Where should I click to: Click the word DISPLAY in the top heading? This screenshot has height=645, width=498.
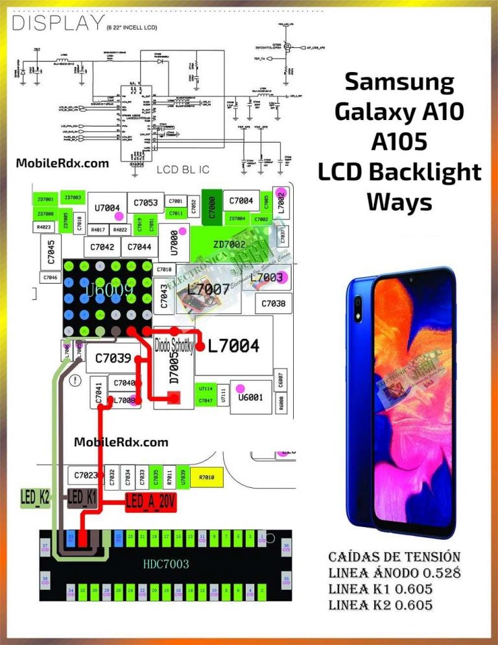click(56, 24)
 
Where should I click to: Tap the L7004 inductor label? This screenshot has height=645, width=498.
click(233, 347)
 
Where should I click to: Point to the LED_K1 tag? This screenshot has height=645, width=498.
click(82, 498)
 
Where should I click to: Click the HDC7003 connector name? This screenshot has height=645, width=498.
click(166, 564)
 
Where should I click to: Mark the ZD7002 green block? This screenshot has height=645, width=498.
click(229, 244)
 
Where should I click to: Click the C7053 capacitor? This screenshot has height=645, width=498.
click(145, 202)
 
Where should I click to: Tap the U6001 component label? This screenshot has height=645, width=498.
click(250, 397)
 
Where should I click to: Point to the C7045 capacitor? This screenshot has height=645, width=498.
click(51, 252)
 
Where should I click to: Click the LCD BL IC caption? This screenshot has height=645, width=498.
click(183, 170)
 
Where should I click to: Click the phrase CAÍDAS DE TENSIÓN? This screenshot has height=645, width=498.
click(394, 557)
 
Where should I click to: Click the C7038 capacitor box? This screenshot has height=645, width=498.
click(273, 303)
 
